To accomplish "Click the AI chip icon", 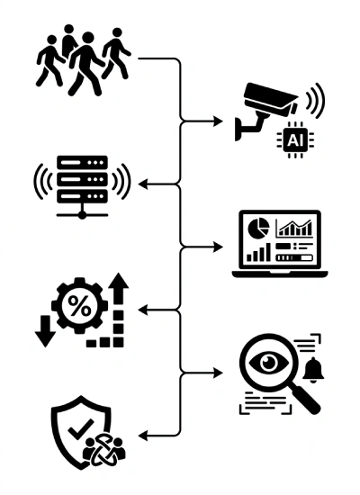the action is [x=295, y=139].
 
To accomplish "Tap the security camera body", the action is [x=270, y=98].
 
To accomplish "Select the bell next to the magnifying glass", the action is [x=313, y=370].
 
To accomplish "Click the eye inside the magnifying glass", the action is [x=268, y=363].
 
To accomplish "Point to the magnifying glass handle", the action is [x=305, y=399].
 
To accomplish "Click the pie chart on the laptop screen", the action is [x=259, y=229].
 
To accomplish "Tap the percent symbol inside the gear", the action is [x=79, y=305].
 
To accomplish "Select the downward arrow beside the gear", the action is [x=45, y=331].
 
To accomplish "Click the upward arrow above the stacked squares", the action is [x=119, y=289].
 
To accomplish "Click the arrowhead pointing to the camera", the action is [x=218, y=121].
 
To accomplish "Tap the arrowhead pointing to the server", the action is [x=143, y=184].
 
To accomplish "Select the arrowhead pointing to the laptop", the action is [x=218, y=247].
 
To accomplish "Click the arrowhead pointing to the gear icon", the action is [x=143, y=310].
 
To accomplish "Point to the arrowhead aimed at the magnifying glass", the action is [x=218, y=373].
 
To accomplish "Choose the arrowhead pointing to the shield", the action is [x=143, y=436].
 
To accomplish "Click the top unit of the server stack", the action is [x=82, y=163].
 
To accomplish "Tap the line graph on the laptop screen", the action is [x=294, y=229].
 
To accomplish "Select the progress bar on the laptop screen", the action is [x=294, y=258].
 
